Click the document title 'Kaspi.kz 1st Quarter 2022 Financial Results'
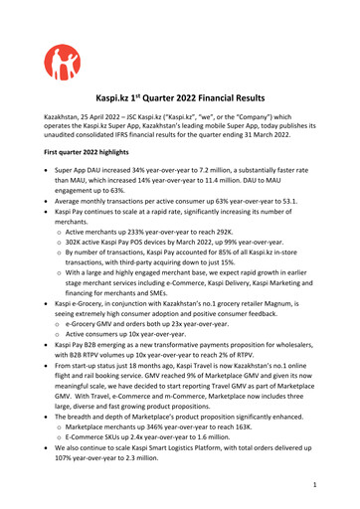pos(180,99)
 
